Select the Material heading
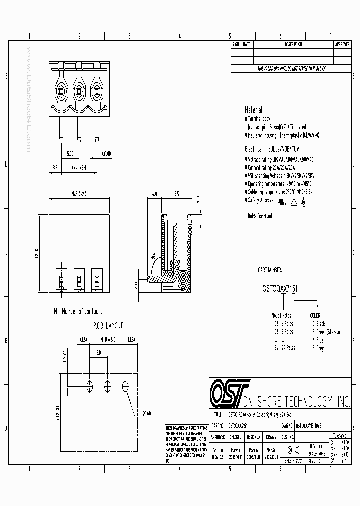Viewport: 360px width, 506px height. pyautogui.click(x=253, y=110)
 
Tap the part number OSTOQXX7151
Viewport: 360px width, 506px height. pyautogui.click(x=279, y=288)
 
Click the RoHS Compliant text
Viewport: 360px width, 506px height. pyautogui.click(x=260, y=216)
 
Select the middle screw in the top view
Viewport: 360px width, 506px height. pyautogui.click(x=78, y=91)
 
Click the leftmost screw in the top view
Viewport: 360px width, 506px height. pyautogui.click(x=61, y=91)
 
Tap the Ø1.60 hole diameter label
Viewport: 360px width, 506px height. pyautogui.click(x=146, y=413)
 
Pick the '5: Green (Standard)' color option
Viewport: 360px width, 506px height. pyautogui.click(x=328, y=331)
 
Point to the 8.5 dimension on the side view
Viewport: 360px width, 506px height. pyautogui.click(x=176, y=193)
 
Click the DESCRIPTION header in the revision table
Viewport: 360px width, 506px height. pyautogui.click(x=293, y=44)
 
